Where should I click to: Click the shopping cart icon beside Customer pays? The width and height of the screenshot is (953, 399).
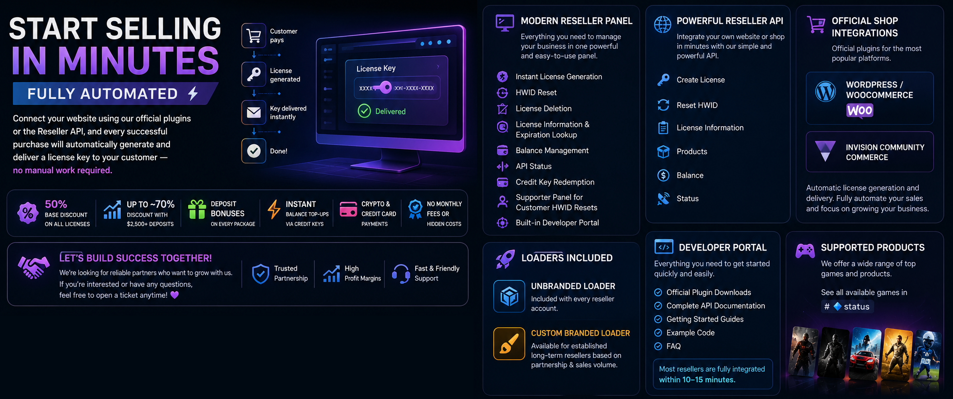click(x=254, y=36)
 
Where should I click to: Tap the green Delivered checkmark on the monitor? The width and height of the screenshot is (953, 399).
click(x=364, y=111)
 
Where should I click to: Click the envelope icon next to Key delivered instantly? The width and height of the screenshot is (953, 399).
click(x=254, y=112)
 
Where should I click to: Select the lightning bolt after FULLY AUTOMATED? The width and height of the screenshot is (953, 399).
click(x=193, y=94)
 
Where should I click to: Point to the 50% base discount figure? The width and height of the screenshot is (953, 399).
click(x=56, y=204)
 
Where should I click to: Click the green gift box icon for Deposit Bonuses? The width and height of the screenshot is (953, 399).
click(x=197, y=209)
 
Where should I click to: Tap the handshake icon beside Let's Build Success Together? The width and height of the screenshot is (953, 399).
click(x=33, y=267)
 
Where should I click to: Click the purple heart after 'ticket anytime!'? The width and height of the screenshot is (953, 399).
click(x=175, y=295)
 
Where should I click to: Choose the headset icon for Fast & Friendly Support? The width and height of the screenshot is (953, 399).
click(x=401, y=273)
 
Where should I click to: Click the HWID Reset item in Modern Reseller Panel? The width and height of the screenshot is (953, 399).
click(x=536, y=93)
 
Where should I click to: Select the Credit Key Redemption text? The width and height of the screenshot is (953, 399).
click(x=555, y=182)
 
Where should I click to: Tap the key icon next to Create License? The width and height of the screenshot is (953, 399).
click(x=663, y=80)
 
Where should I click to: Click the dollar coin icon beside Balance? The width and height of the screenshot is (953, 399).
click(x=663, y=175)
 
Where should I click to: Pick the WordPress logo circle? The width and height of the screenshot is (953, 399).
click(x=826, y=91)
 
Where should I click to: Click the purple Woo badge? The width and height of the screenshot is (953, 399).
click(x=860, y=111)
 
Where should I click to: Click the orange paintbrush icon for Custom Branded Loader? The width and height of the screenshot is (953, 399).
click(x=509, y=344)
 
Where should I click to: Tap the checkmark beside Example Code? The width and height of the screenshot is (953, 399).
click(x=658, y=333)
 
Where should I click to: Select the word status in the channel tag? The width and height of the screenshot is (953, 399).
click(x=857, y=307)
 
